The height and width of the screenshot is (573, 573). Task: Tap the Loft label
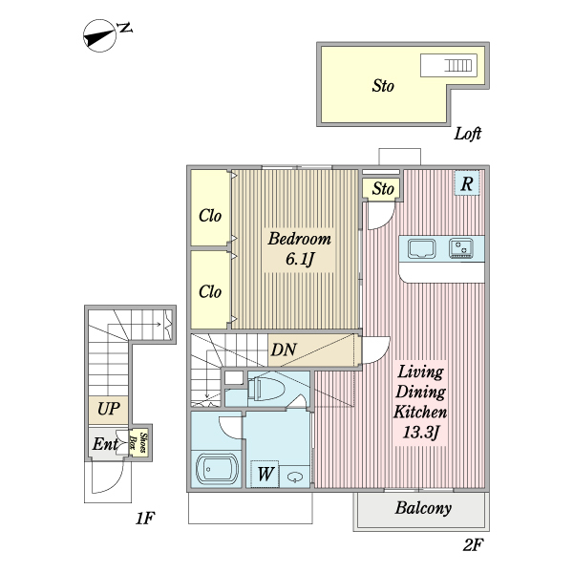tap(467, 134)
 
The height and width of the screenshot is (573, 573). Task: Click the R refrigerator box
tap(466, 184)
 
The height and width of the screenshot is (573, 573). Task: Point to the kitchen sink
tap(422, 249)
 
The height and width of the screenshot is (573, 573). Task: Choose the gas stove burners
tap(463, 249)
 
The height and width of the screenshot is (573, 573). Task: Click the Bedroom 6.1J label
tap(298, 248)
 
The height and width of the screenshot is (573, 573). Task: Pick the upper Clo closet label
tap(210, 215)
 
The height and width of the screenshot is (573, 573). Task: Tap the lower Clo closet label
tap(210, 291)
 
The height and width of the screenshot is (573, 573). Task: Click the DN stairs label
tap(283, 350)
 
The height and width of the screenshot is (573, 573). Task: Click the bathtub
tap(217, 471)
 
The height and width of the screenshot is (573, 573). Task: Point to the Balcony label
tap(423, 509)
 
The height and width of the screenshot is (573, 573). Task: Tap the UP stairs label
tap(108, 410)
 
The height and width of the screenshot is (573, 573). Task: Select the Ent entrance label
tap(105, 444)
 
